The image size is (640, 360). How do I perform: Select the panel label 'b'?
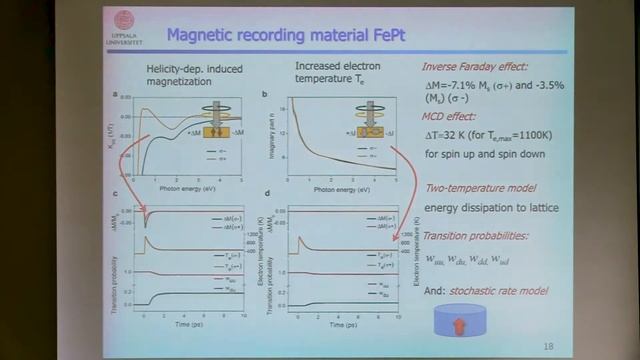(265, 96)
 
